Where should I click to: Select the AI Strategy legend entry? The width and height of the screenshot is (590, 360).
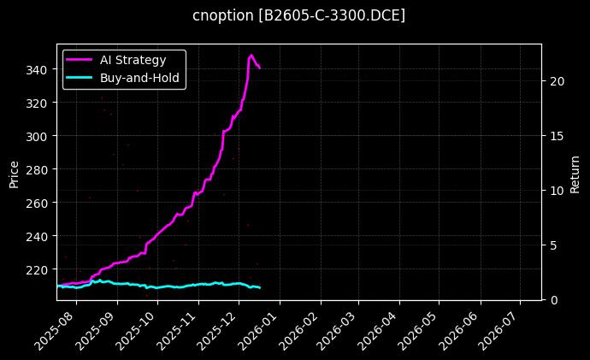(x=125, y=59)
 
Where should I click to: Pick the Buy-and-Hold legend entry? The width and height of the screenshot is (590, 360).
(x=125, y=77)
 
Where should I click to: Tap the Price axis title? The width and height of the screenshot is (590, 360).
(x=14, y=172)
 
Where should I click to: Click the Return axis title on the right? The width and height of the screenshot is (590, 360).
(x=575, y=172)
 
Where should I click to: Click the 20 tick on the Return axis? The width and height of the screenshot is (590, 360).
(x=558, y=81)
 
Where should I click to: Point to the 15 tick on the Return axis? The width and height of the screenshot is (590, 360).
(x=558, y=136)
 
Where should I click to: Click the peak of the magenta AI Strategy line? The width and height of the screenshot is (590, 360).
(x=251, y=56)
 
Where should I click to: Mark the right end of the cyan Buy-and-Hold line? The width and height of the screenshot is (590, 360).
(x=260, y=287)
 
